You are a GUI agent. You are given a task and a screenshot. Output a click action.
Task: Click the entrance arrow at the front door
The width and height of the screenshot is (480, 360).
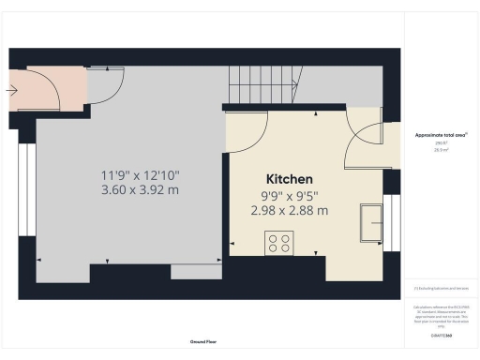[12, 91]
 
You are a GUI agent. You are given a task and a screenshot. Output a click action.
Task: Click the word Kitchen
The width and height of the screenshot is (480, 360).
[290, 178]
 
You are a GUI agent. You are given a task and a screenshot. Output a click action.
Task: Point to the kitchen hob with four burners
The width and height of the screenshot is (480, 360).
[278, 243]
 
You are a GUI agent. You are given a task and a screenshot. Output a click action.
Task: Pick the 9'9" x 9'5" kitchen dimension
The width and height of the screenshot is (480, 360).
[290, 196]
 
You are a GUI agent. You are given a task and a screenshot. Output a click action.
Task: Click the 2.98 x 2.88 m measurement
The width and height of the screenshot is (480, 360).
[290, 211]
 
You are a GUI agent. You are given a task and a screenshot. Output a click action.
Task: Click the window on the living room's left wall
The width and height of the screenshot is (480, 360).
[25, 187]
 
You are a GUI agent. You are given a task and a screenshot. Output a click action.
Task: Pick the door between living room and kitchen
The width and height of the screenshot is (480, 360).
[243, 136]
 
